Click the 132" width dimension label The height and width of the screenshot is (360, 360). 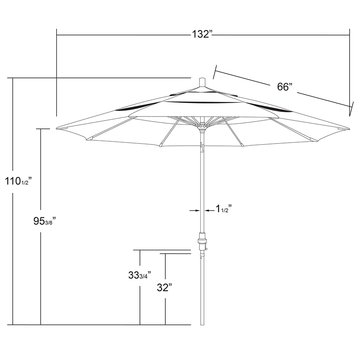[202, 34]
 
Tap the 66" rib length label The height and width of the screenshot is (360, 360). [284, 87]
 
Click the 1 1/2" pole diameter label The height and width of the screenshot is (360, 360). [223, 209]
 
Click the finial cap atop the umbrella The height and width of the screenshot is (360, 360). [202, 82]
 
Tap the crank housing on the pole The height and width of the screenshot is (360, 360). [202, 243]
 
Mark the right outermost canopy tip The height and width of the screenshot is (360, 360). [349, 128]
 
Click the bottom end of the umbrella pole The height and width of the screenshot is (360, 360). [202, 324]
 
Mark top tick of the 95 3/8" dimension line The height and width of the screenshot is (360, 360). [41, 129]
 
